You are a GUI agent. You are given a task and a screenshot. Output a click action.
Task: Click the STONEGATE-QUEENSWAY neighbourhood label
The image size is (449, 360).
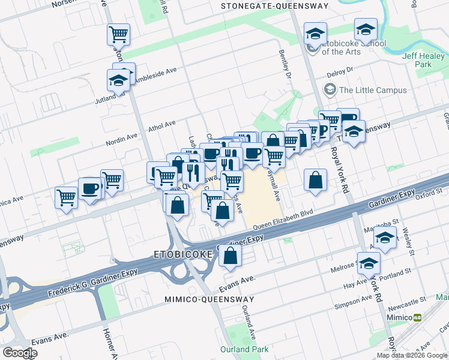tap(275, 6)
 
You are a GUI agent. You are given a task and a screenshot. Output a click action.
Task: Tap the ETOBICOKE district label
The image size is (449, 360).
tap(184, 254)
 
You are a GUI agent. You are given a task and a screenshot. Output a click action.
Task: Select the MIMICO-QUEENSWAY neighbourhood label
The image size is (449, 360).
tap(209, 299)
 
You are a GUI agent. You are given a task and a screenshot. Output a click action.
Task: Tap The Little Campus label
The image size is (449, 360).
tap(372, 91)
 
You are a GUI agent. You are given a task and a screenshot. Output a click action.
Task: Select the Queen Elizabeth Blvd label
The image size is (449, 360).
tap(283, 221)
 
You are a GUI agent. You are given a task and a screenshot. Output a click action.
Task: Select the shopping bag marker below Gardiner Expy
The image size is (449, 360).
tap(231, 256)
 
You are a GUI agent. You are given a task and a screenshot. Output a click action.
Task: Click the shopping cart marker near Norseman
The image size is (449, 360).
tap(118, 34)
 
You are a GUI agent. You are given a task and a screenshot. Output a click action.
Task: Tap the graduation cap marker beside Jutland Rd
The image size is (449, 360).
tap(118, 80)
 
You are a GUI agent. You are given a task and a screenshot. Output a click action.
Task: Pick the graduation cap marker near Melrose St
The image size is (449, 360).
tap(369, 262)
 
